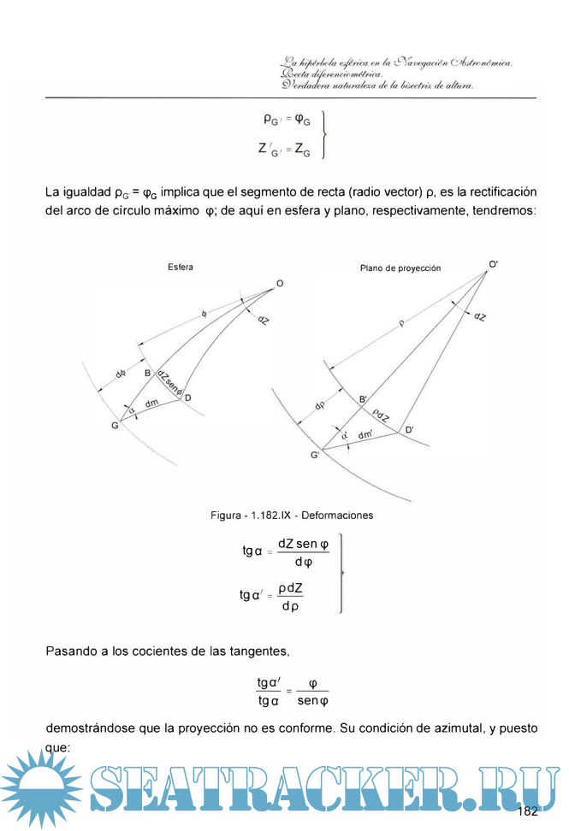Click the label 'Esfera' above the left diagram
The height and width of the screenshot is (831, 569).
181,267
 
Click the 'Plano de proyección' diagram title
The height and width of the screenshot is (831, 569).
400,268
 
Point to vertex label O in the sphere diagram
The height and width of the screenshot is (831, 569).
280,284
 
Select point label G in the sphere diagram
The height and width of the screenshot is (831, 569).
115,426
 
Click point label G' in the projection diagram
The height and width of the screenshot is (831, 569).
316,457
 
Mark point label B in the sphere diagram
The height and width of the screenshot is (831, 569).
147,374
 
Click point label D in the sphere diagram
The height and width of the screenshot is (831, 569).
187,398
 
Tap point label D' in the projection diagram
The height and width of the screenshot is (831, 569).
410,429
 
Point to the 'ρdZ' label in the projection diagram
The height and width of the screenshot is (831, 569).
380,415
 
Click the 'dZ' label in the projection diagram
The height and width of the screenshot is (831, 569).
480,316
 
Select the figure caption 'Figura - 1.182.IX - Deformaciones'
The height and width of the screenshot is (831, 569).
292,516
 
